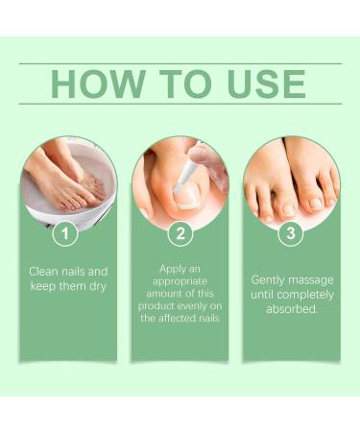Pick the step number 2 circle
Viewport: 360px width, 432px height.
coord(180,232)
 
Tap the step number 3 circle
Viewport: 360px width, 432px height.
coord(291,232)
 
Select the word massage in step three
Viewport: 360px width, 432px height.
coord(308,279)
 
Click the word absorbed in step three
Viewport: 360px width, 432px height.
coord(291,310)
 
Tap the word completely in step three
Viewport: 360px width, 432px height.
coord(303,295)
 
